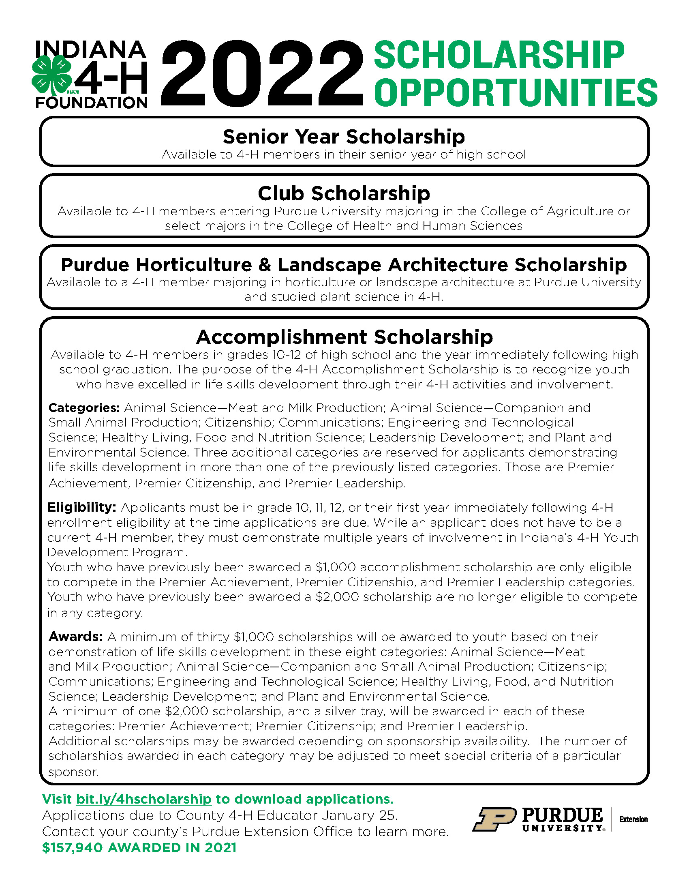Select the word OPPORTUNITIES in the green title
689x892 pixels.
[x=515, y=93]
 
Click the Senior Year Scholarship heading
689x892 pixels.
[x=344, y=136]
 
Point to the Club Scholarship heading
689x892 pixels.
[x=344, y=193]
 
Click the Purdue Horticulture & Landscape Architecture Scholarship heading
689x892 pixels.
[x=344, y=265]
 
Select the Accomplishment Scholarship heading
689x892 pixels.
[x=344, y=337]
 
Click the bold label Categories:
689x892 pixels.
[x=83, y=408]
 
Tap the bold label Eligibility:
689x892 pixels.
[x=81, y=508]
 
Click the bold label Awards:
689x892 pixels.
[x=75, y=637]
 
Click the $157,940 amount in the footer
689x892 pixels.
[x=72, y=848]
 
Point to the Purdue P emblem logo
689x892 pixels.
[x=494, y=819]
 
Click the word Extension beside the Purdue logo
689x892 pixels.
[x=633, y=820]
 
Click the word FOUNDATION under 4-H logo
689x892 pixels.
[x=92, y=103]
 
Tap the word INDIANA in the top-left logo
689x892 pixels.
[x=91, y=49]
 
